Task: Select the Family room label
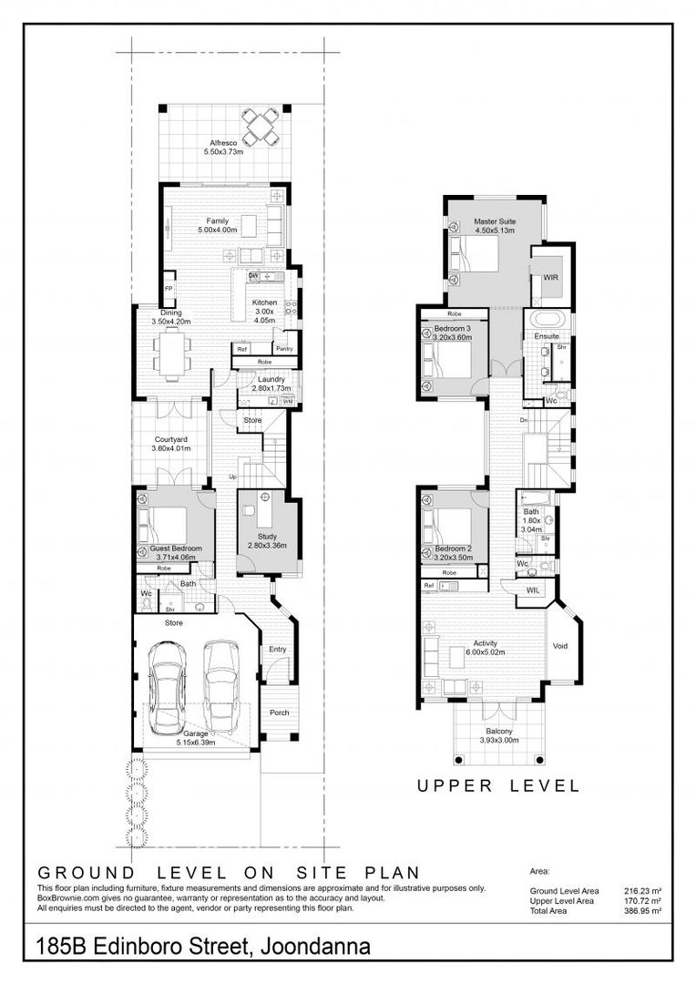click(217, 225)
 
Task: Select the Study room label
click(267, 540)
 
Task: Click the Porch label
click(279, 712)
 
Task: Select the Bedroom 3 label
click(452, 332)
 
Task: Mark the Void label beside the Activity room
click(561, 646)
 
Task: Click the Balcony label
click(498, 735)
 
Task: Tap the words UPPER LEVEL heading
click(497, 785)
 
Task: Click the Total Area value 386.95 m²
click(640, 910)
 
